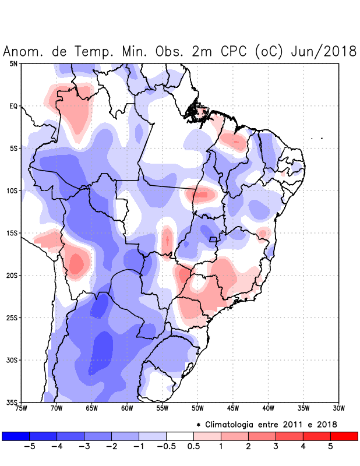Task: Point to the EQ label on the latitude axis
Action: [x=13, y=106]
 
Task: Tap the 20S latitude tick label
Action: [x=12, y=276]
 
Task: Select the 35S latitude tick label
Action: [x=12, y=402]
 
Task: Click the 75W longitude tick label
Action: [x=21, y=408]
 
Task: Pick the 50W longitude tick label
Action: [x=197, y=408]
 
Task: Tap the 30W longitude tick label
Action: [x=338, y=408]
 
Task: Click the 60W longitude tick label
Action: [x=127, y=408]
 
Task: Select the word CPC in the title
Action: [x=231, y=51]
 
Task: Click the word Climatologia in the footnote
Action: [x=236, y=424]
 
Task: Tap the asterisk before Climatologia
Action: [x=198, y=425]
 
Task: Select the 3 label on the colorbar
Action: [x=276, y=447]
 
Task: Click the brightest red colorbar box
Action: [x=344, y=436]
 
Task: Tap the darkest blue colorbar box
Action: [x=16, y=436]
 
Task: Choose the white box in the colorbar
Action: [x=180, y=436]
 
